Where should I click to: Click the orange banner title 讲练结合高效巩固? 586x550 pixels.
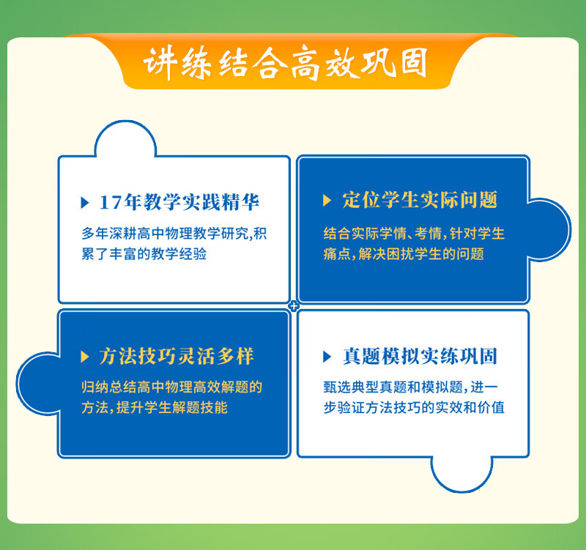(286, 63)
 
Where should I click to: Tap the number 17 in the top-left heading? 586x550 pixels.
(111, 202)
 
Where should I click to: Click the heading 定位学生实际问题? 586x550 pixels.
(420, 199)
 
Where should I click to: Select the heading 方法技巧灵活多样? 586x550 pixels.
(177, 356)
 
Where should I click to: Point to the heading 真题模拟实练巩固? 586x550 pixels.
(420, 356)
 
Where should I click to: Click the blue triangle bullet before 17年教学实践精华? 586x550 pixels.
(85, 203)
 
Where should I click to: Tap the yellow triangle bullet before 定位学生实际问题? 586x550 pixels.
(327, 200)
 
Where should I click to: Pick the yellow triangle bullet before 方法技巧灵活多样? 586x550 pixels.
(85, 356)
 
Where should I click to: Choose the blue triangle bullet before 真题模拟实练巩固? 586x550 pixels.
(327, 357)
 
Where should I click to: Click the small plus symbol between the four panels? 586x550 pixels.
(294, 306)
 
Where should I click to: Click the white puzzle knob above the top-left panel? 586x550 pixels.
(125, 139)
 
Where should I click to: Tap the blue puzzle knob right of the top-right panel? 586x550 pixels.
(549, 229)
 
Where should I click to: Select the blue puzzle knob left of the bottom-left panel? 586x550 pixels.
(38, 383)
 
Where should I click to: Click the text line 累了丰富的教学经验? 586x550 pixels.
(144, 254)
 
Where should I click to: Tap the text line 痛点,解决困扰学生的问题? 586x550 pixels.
(404, 254)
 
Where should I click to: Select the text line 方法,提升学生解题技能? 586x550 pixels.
(155, 407)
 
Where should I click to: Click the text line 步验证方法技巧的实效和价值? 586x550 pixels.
(414, 407)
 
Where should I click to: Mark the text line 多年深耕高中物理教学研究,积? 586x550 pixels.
(174, 234)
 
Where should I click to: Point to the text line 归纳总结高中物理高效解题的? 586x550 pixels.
(172, 387)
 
